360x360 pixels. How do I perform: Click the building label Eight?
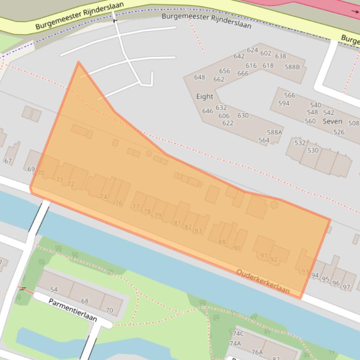(x=204, y=96)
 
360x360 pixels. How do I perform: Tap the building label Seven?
(x=332, y=121)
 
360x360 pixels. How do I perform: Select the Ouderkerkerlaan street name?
(x=263, y=281)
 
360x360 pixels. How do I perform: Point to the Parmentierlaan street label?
(x=72, y=310)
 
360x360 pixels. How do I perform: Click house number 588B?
(x=292, y=67)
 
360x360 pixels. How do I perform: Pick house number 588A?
(x=274, y=132)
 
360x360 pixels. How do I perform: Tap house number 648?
(x=200, y=77)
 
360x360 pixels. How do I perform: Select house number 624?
(x=252, y=50)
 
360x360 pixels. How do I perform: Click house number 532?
(x=300, y=143)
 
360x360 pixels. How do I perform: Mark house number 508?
(x=353, y=123)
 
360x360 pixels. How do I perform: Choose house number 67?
(x=8, y=161)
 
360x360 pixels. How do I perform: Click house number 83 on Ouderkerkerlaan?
(x=198, y=230)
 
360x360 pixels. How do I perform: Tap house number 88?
(x=222, y=242)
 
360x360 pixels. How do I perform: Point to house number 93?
(x=305, y=271)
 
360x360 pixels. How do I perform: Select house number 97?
(x=346, y=287)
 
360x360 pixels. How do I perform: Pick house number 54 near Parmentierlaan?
(x=54, y=290)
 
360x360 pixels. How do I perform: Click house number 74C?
(x=238, y=333)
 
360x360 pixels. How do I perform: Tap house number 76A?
(x=257, y=352)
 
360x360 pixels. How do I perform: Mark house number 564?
(x=264, y=140)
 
